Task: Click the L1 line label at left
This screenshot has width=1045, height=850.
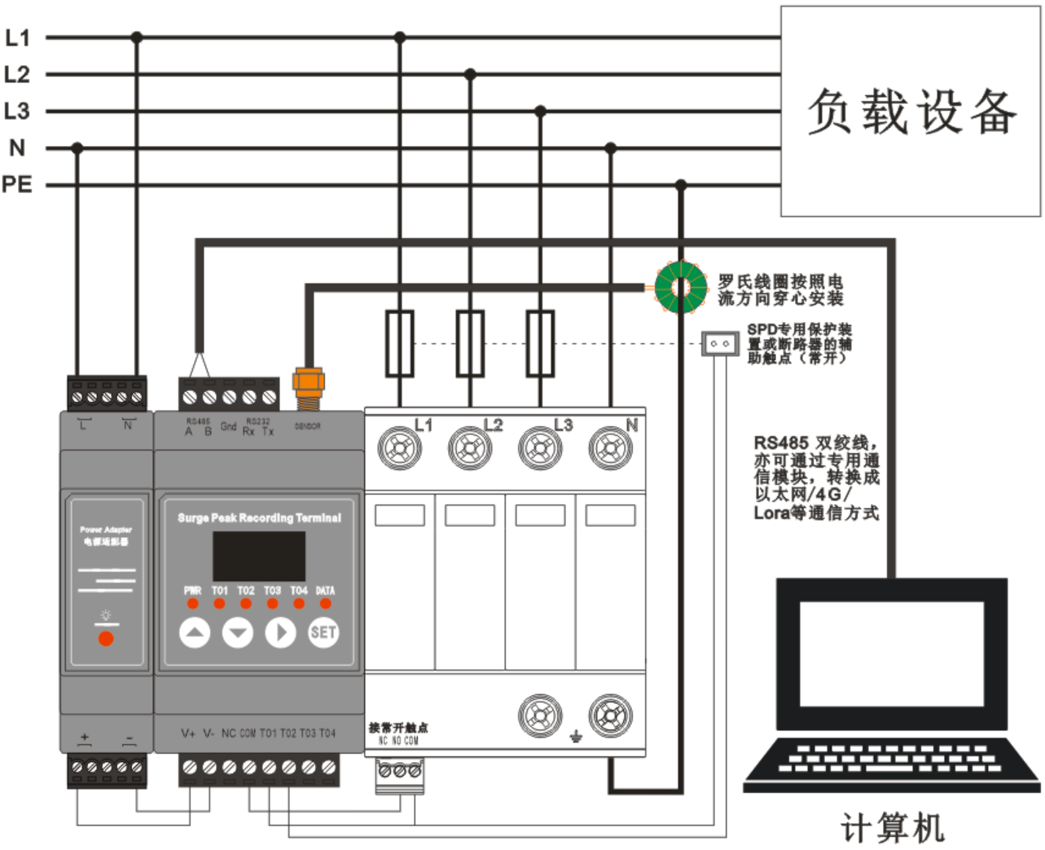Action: [x=17, y=37]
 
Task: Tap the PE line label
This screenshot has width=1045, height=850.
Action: [x=17, y=185]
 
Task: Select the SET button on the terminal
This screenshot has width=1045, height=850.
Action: [x=323, y=632]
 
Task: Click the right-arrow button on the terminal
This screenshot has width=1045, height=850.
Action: [x=281, y=632]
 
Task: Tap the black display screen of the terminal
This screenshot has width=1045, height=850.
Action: [x=259, y=556]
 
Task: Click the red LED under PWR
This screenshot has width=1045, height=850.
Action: [x=193, y=604]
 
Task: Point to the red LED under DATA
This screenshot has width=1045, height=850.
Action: [x=326, y=604]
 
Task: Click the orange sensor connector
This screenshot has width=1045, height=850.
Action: [x=309, y=383]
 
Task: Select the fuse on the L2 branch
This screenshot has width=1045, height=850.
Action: [x=470, y=343]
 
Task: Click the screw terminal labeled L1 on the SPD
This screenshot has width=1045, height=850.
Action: [x=400, y=448]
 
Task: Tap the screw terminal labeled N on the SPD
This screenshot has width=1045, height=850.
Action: [x=611, y=448]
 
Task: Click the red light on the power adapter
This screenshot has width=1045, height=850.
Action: [x=106, y=638]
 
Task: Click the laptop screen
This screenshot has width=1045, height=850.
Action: [x=892, y=654]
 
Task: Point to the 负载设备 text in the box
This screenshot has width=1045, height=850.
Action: [x=911, y=112]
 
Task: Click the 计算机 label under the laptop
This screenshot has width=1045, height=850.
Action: [x=893, y=828]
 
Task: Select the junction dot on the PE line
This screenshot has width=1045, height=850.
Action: [x=681, y=186]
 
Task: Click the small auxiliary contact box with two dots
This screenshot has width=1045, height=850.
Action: [x=720, y=343]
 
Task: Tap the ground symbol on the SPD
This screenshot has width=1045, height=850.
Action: [x=576, y=737]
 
